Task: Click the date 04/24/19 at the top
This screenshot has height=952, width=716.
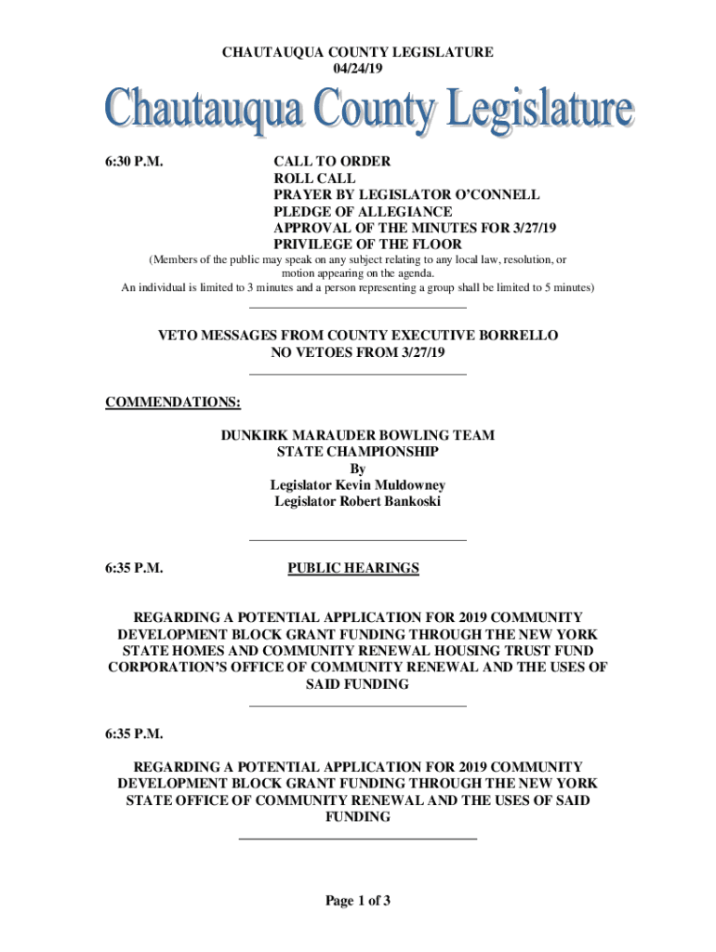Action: pos(357,69)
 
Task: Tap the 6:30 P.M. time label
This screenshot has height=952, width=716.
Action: pos(135,161)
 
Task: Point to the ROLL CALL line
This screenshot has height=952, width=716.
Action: pos(314,178)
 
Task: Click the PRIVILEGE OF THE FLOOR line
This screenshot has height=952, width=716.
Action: pos(366,245)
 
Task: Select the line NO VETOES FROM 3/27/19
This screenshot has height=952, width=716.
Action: pos(358,352)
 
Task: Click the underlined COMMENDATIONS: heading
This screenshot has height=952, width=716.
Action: pos(173,403)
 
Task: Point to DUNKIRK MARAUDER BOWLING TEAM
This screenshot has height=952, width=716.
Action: pos(358,435)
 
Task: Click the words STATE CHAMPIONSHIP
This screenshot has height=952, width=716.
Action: pos(358,452)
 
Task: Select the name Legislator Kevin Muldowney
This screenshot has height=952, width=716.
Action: pos(358,485)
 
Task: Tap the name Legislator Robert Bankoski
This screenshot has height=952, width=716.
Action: pos(358,502)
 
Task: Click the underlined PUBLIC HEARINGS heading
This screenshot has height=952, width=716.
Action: pos(353,568)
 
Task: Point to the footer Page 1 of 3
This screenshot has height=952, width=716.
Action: pos(358,900)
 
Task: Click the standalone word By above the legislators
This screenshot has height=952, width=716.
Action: pos(358,469)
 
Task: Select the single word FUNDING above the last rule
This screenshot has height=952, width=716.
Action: pos(358,817)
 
